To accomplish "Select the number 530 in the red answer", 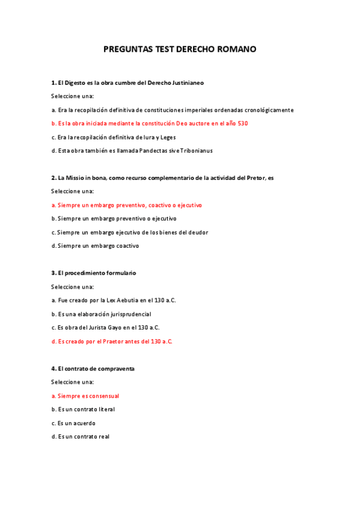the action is click(x=242, y=123).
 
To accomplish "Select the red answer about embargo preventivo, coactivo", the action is click(x=127, y=205).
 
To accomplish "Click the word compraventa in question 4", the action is click(x=117, y=368).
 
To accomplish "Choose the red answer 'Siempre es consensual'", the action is click(x=85, y=396).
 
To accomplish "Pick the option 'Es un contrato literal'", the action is click(x=83, y=410).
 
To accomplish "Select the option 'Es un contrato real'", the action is click(x=81, y=437).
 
